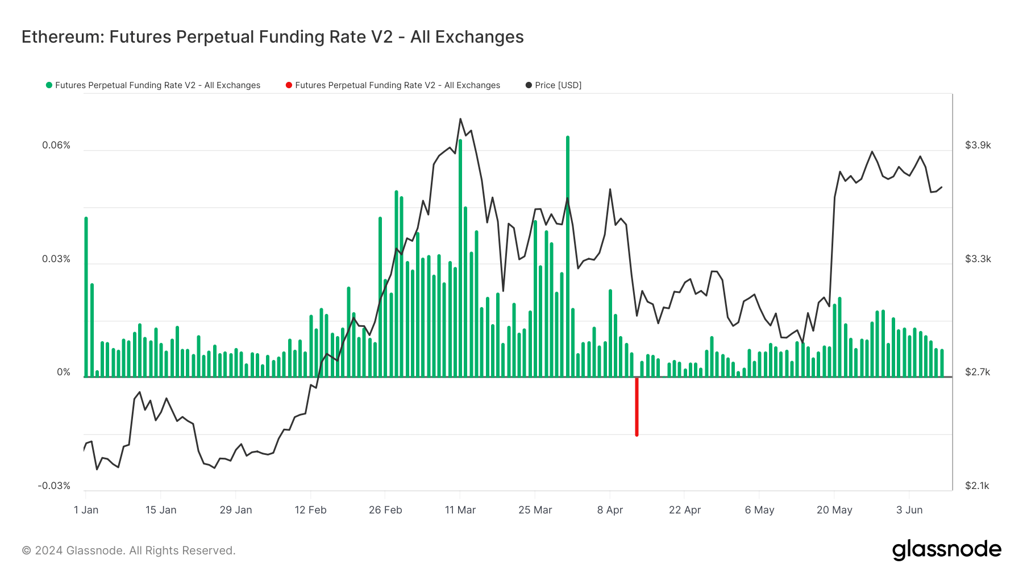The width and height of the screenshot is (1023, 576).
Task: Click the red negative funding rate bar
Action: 637,407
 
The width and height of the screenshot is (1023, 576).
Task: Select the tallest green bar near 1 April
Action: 567,256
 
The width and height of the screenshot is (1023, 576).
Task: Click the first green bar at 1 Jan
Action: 86,296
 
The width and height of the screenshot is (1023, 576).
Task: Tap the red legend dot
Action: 289,85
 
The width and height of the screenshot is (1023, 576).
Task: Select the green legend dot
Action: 49,85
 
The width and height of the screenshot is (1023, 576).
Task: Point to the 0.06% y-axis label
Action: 56,146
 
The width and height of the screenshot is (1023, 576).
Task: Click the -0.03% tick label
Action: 54,486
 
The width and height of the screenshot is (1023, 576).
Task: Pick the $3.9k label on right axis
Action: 978,146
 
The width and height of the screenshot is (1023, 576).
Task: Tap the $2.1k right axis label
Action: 977,486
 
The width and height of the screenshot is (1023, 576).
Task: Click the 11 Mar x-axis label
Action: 460,510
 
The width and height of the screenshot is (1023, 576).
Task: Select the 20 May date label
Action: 834,510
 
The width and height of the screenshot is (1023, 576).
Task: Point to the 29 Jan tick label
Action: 235,510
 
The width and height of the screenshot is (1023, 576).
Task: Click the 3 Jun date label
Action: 909,510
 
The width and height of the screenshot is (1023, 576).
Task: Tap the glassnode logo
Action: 946,550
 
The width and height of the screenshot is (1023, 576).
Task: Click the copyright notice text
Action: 128,550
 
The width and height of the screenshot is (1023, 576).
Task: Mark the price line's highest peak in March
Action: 460,119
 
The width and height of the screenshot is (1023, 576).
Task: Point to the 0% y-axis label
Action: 63,372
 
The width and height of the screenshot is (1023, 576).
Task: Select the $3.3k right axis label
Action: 978,259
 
